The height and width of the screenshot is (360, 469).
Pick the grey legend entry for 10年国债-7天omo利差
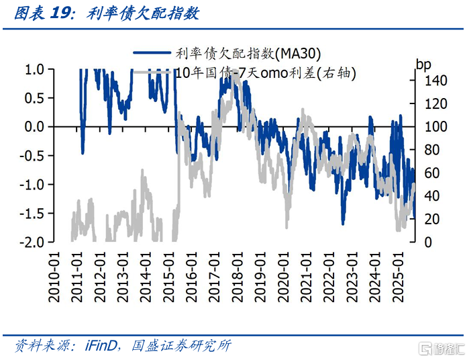pos(264,72)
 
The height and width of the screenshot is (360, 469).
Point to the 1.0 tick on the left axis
pos(35,69)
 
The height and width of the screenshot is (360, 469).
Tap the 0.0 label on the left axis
pos(35,127)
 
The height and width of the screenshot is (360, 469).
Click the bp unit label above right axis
pos(424,65)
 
